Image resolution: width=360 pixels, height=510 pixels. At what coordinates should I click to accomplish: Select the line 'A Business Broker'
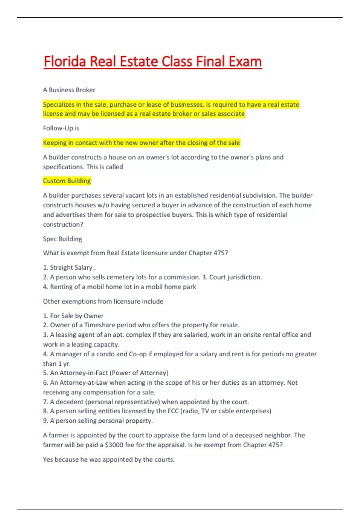click(69, 90)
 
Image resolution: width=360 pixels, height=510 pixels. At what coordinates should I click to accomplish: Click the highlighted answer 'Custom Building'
click(67, 181)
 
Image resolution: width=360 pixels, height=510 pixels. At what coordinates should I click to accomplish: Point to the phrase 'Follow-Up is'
click(61, 128)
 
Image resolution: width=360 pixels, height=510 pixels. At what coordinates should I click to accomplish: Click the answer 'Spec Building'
click(62, 239)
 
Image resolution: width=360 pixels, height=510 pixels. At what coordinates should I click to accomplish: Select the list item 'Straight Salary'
click(71, 268)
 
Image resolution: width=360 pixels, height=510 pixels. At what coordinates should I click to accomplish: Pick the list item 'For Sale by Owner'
click(76, 316)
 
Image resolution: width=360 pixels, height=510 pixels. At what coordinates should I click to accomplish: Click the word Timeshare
click(100, 325)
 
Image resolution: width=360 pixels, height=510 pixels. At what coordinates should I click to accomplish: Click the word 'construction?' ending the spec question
click(63, 224)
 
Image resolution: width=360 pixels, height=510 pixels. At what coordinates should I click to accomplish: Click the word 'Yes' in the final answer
click(48, 460)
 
